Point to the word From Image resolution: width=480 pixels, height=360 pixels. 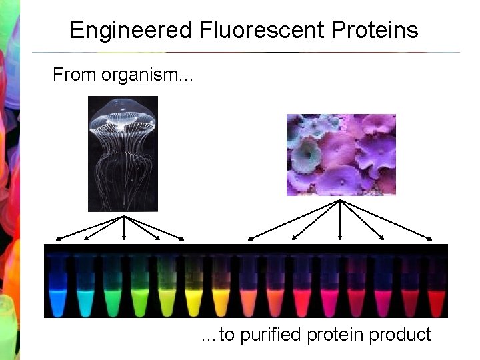[75, 74]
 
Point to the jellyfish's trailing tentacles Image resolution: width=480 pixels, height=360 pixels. [123, 173]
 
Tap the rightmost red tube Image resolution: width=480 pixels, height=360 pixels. [435, 293]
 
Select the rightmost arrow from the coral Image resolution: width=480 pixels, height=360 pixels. [387, 219]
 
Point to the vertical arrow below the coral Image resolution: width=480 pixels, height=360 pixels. [341, 220]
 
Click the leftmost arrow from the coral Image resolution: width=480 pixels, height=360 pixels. [293, 219]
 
